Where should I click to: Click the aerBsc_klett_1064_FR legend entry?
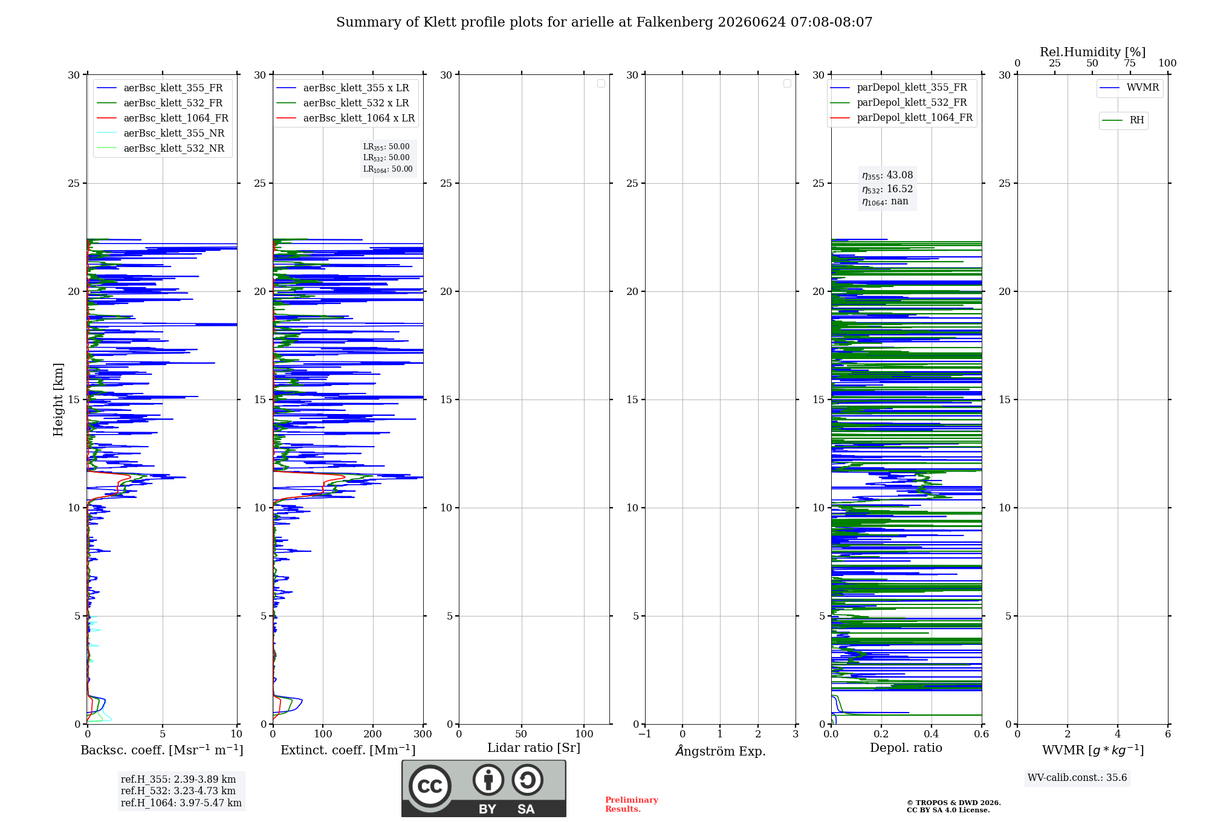pos(163,118)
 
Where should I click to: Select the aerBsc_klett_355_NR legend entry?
pos(161,134)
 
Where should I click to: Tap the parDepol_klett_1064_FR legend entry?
pos(901,118)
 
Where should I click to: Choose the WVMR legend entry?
pos(1130,88)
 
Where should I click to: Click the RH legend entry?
pos(1123,120)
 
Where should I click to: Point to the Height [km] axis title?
pos(58,400)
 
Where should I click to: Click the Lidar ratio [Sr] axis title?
pos(534,748)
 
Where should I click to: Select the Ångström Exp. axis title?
pos(721,751)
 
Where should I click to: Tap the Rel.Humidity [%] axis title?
pos(1093,52)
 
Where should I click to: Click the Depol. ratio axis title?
pos(906,748)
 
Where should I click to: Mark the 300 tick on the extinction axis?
pos(423,734)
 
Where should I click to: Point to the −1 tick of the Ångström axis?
pos(645,734)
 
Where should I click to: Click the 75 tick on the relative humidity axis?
pos(1130,63)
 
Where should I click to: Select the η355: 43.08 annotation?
pos(887,175)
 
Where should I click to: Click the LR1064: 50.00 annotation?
pos(388,169)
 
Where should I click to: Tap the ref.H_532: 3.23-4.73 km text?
pos(178,791)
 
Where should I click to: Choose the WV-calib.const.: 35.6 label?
pos(1077,778)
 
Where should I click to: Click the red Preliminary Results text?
pos(632,804)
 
